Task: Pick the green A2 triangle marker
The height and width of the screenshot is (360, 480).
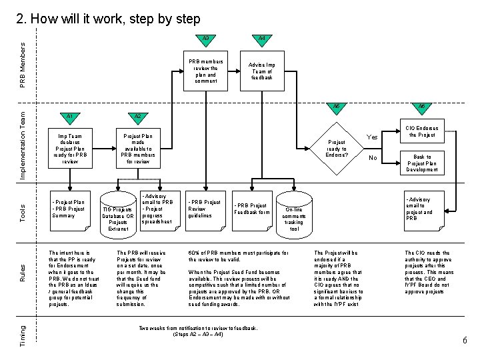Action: point(138,118)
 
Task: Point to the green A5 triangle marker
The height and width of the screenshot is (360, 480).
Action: point(337,109)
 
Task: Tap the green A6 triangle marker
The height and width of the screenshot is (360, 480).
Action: point(421,109)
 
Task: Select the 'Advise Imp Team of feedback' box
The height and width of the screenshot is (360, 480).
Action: point(261,71)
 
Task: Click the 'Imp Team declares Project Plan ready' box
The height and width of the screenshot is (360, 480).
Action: point(69,148)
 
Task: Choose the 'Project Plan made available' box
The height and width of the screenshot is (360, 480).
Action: point(138,148)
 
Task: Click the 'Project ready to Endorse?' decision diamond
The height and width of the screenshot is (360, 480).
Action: point(337,148)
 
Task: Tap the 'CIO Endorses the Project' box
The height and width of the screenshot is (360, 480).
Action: point(421,131)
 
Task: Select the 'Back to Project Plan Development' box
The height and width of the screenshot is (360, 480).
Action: point(421,162)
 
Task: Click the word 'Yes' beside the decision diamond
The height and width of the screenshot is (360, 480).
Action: point(373,138)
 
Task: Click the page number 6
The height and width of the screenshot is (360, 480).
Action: point(465,341)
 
